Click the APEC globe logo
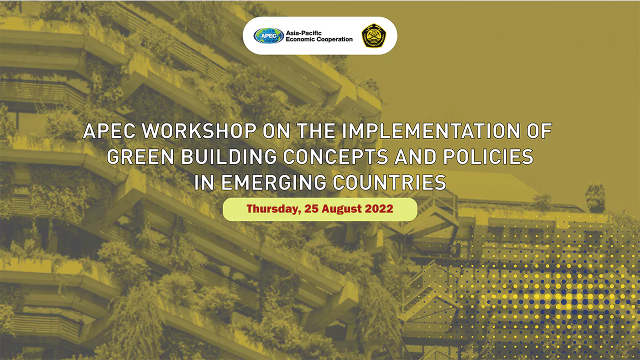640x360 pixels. click(268, 35)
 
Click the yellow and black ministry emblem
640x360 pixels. click(373, 35)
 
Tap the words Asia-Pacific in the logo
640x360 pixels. click(303, 33)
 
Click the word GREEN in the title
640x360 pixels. click(140, 156)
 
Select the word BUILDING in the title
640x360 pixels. click(229, 156)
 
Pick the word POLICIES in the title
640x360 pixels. click(488, 156)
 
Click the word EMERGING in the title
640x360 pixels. click(273, 182)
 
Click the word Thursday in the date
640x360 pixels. click(273, 209)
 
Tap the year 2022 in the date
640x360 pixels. click(379, 209)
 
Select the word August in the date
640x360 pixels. click(340, 209)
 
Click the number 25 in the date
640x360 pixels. click(311, 209)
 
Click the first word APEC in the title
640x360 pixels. click(109, 131)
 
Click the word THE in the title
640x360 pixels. click(315, 131)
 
